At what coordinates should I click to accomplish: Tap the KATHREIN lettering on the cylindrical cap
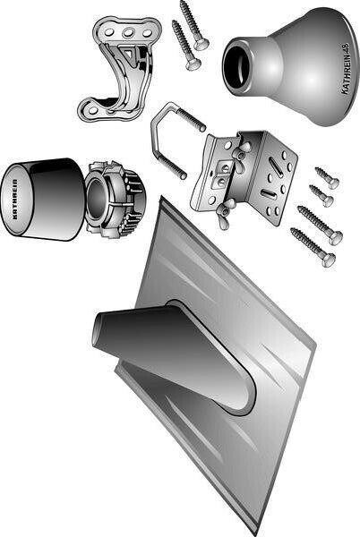tap(15, 200)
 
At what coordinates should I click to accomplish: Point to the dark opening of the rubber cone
tap(237, 68)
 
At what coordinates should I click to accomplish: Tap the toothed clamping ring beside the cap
tap(115, 200)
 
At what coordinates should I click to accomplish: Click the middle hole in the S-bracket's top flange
tap(128, 33)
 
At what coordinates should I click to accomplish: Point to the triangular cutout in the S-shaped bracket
tap(128, 54)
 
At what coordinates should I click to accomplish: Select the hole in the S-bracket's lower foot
tap(93, 110)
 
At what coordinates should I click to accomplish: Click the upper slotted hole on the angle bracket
tap(275, 166)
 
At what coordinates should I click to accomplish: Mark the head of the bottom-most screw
tap(329, 260)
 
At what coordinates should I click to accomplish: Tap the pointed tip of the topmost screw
tap(182, 2)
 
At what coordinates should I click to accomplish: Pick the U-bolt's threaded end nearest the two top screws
tap(192, 118)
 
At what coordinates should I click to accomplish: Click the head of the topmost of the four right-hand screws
tap(332, 183)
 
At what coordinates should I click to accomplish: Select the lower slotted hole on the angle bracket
tap(268, 194)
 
